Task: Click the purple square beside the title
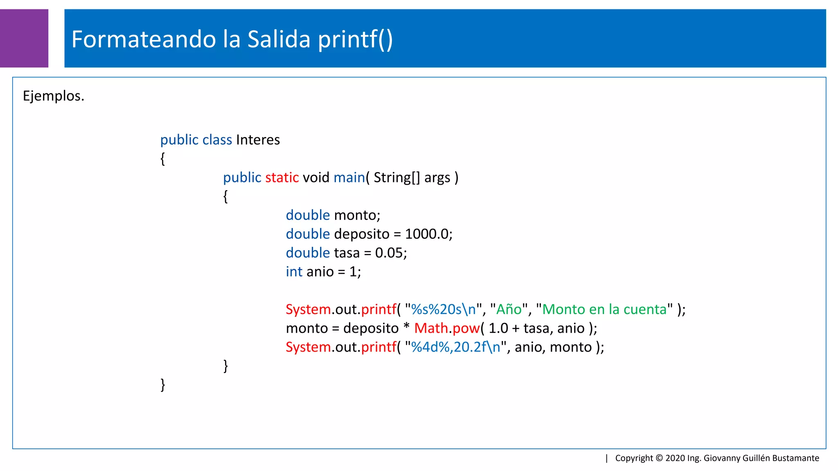coord(24,38)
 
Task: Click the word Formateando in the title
coord(143,39)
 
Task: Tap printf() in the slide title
coord(355,39)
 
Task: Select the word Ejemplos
coord(53,96)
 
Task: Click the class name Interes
coord(258,140)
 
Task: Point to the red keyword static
coord(282,177)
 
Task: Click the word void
coord(316,177)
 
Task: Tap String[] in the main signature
coord(396,177)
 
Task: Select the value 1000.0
coord(427,234)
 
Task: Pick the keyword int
coord(294,271)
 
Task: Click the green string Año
coord(509,309)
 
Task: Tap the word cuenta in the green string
coord(645,309)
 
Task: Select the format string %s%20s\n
coord(444,309)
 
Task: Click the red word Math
coord(431,328)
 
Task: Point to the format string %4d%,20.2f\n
coord(455,347)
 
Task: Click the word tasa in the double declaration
coord(346,253)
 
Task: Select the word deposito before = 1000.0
coord(362,234)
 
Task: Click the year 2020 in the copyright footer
coord(675,458)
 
